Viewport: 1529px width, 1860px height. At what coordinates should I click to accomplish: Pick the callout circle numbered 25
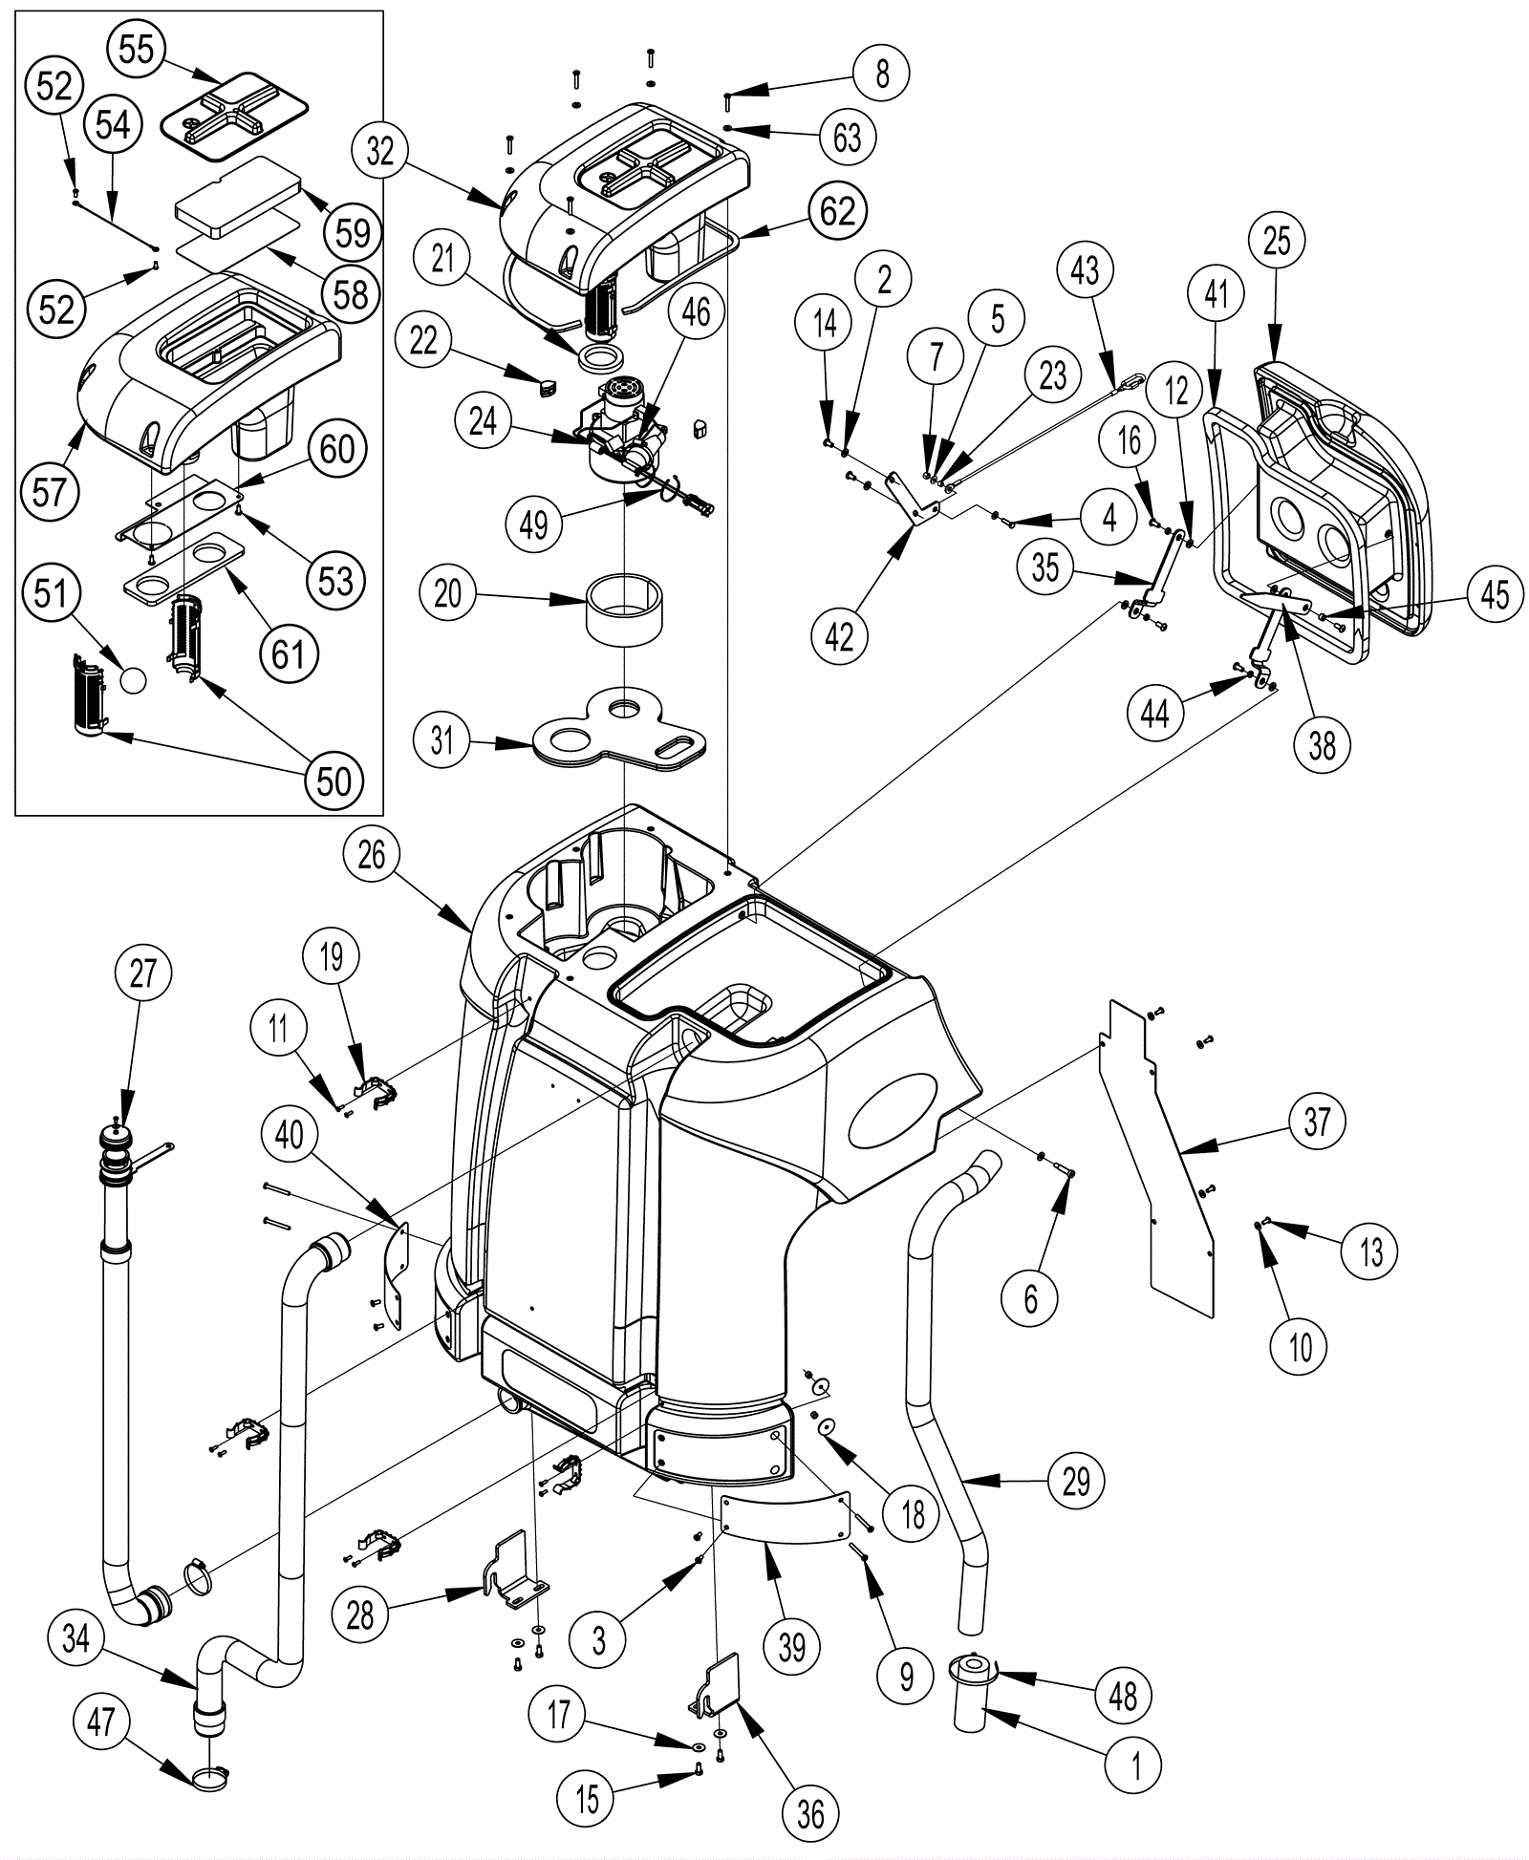pos(1278,241)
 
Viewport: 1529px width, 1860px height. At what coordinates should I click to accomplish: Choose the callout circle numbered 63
pos(848,137)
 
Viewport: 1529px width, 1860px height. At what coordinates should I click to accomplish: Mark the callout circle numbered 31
pos(441,738)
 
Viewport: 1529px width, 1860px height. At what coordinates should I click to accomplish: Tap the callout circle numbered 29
pos(1077,1481)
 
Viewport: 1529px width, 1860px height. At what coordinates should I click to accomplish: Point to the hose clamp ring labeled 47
pos(210,1778)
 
